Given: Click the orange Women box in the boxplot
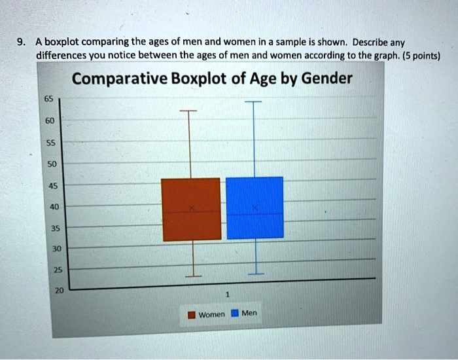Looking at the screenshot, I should (x=191, y=209).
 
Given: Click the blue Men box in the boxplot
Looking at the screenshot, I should (x=255, y=207).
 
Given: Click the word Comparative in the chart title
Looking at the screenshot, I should (x=118, y=79).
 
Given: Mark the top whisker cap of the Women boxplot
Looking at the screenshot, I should (x=188, y=111).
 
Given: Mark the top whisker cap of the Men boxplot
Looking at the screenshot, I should (x=252, y=103).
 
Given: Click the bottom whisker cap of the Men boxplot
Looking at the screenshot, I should (x=256, y=272).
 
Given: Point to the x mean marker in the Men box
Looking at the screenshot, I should (x=256, y=208).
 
